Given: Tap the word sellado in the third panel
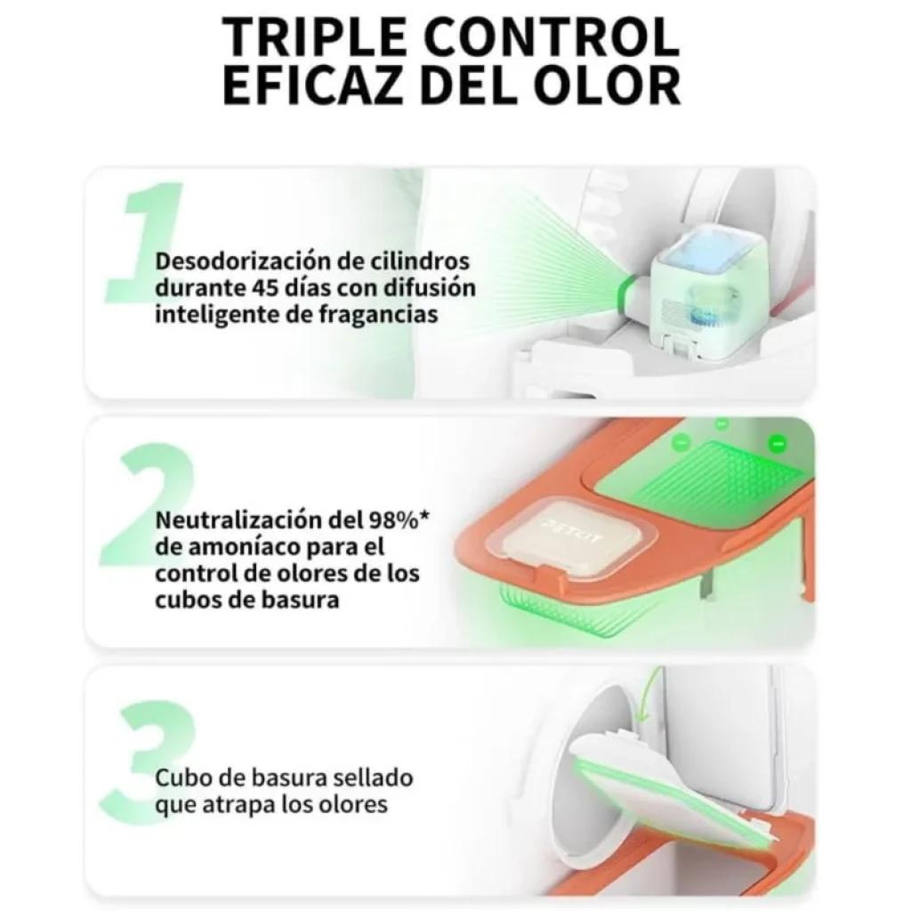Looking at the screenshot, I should [x=367, y=778].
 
